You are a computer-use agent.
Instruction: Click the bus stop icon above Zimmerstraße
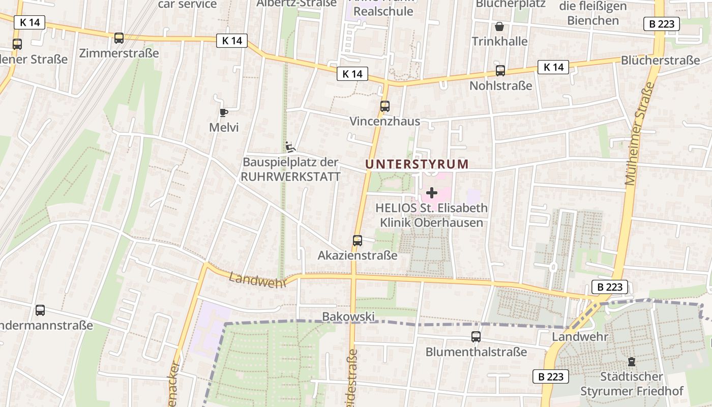(119, 38)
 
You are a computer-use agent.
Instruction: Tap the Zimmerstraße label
(119, 53)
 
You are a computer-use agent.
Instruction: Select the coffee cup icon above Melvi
(223, 112)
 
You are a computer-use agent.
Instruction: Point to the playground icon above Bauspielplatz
(290, 147)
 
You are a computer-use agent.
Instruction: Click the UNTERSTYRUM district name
(417, 164)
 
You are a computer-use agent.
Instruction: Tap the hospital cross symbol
(432, 193)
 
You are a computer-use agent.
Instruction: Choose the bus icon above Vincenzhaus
(385, 106)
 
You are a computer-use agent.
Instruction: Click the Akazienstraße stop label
(358, 255)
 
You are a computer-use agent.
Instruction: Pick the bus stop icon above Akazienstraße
(358, 240)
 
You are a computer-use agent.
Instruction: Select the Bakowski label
(348, 316)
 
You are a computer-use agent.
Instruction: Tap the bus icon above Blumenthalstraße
(476, 336)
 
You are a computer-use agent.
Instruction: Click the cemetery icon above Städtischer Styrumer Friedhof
(632, 362)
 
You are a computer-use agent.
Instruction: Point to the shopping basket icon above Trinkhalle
(499, 26)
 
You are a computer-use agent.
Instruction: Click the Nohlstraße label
(500, 85)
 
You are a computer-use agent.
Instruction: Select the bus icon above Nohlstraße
(500, 71)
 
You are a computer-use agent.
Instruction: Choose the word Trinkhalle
(499, 41)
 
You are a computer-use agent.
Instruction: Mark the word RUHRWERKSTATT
(290, 177)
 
